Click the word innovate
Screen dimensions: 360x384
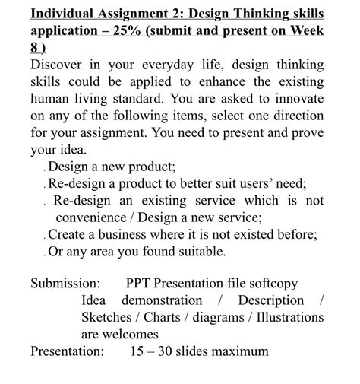[298, 99]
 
